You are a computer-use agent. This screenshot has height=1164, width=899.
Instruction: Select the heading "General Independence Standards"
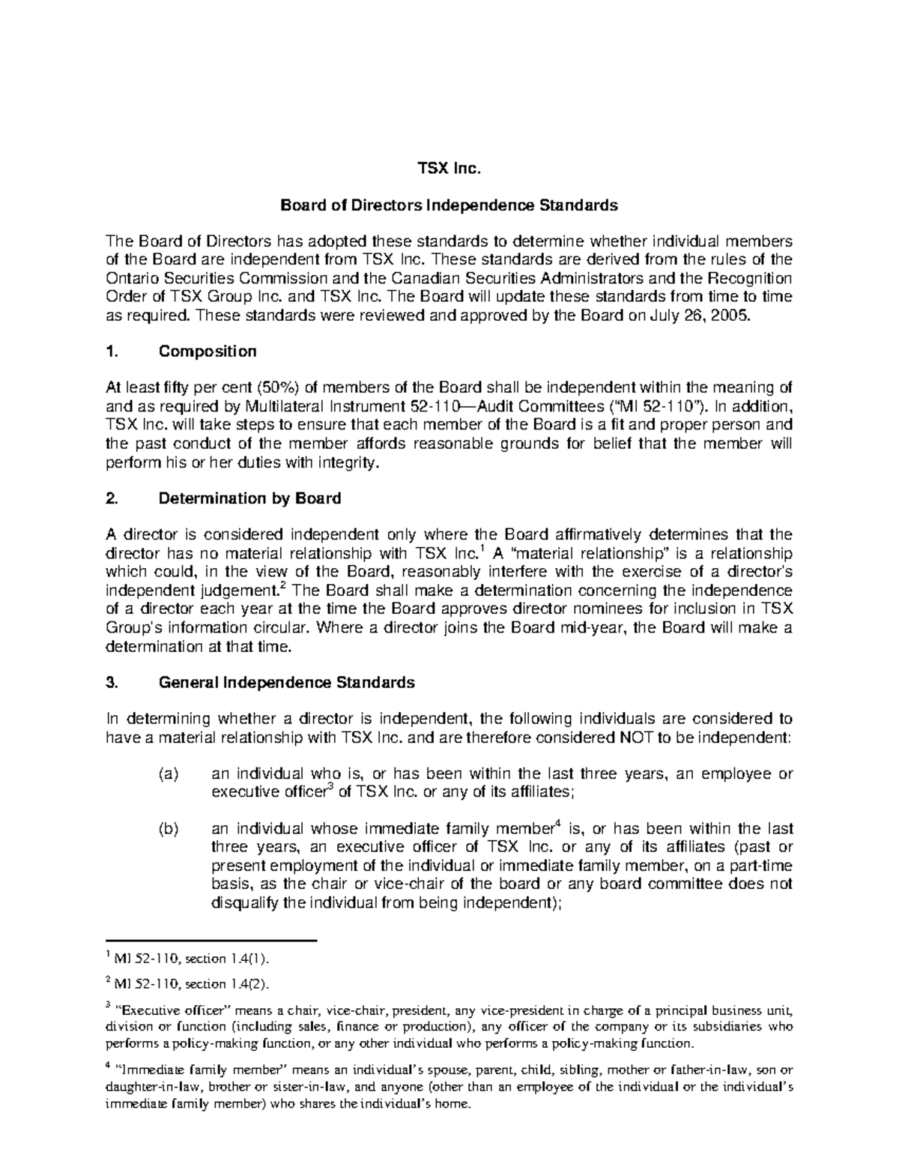click(286, 683)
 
